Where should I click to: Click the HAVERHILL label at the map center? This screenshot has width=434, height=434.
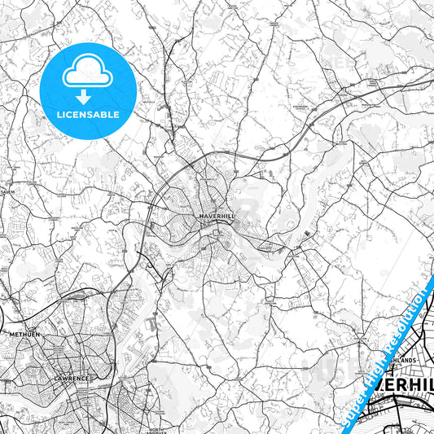pos(216,215)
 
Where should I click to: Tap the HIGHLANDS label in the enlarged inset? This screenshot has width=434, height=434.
pos(401,359)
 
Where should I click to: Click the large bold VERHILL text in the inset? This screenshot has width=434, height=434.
pos(405,389)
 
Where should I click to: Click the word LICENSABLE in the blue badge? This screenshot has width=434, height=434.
pos(87,114)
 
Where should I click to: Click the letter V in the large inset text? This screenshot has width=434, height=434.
pos(381,389)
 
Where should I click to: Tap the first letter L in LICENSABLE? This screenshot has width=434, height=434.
pos(58,114)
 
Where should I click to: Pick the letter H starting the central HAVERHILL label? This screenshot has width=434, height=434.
pos(201,215)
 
